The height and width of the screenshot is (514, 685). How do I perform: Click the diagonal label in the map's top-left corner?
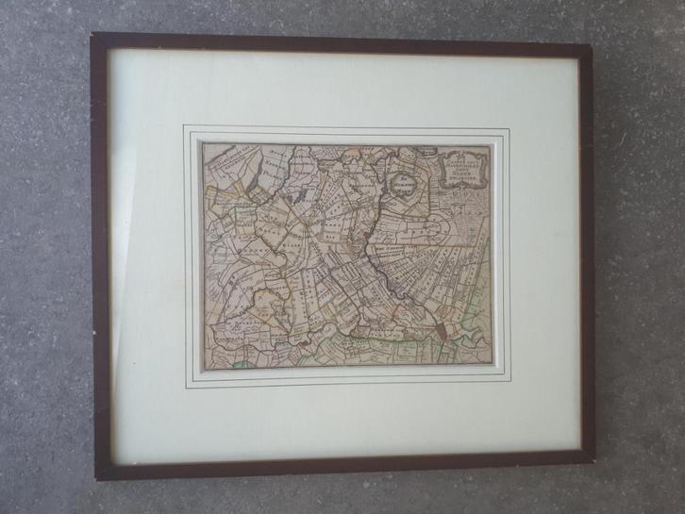point(225,158)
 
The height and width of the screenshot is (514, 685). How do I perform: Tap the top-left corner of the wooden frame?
point(93,37)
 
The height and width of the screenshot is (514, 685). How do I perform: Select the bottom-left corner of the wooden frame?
point(99,477)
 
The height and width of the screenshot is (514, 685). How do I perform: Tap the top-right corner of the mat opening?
point(509,129)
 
